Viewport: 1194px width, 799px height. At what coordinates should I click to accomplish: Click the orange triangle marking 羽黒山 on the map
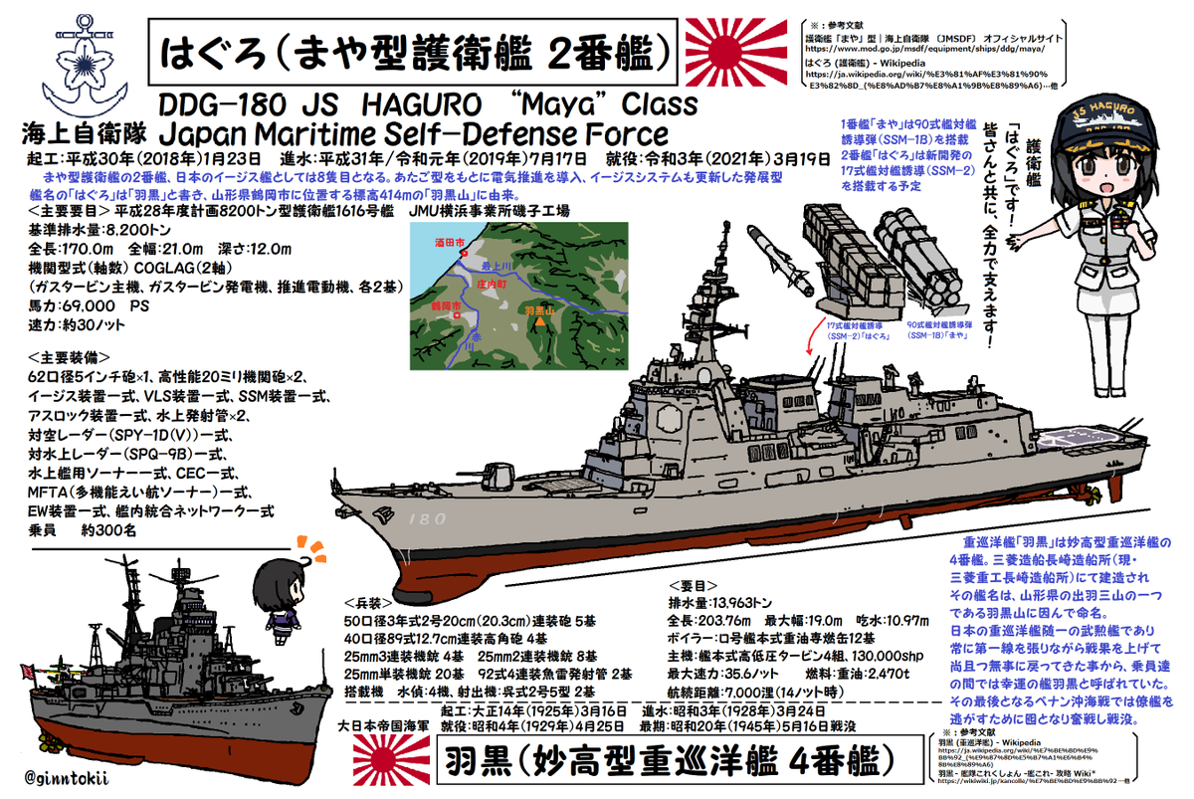[539, 322]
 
